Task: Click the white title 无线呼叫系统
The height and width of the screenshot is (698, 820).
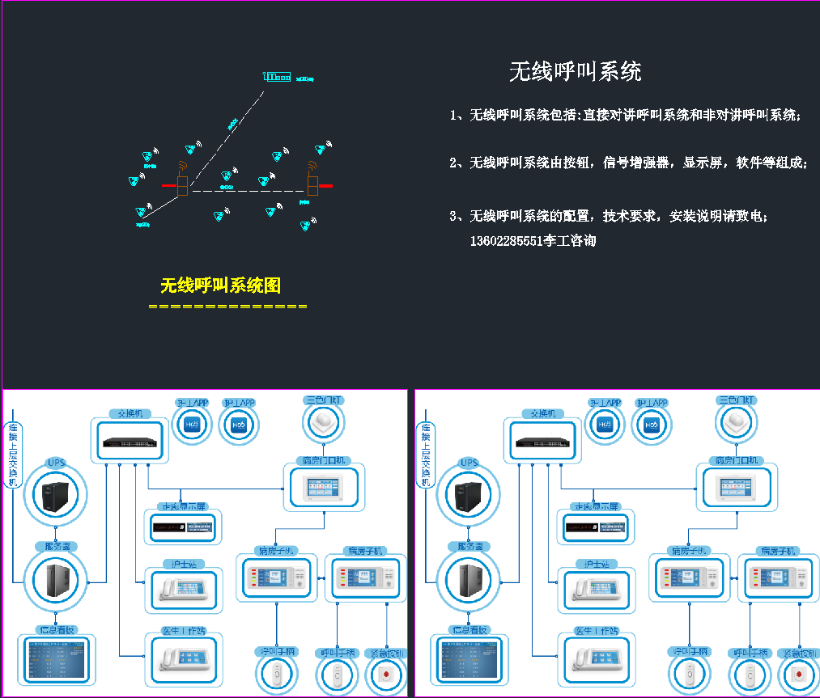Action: [575, 71]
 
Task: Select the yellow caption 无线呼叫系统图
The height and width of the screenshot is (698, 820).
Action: [220, 286]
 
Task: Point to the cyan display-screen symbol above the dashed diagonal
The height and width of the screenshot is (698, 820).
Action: [277, 78]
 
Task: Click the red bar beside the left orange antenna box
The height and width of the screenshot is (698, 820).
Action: [169, 186]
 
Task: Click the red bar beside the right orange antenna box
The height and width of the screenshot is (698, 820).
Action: [325, 186]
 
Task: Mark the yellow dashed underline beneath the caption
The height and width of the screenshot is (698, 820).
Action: [227, 307]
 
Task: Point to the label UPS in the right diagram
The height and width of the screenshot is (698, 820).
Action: [469, 463]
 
